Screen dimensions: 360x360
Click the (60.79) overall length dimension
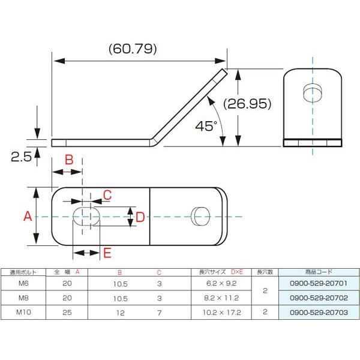tap(133, 49)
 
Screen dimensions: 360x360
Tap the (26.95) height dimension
tap(247, 104)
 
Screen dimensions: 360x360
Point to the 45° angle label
tap(206, 126)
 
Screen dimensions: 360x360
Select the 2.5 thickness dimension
tap(21, 157)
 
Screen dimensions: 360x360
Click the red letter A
tap(28, 216)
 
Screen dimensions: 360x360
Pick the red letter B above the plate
tap(69, 160)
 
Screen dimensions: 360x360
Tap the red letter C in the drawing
tap(107, 195)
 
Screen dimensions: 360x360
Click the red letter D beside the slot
tap(140, 217)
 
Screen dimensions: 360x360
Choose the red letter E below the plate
tap(107, 253)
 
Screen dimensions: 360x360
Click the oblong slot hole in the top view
tap(86, 216)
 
